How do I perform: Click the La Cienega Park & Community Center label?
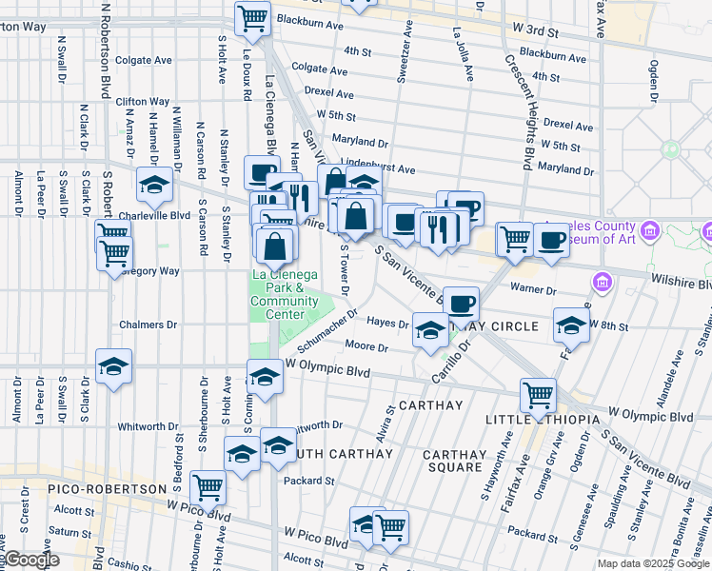277,295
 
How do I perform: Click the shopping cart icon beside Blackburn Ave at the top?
252,16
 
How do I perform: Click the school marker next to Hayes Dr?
430,328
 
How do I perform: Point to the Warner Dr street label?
533,288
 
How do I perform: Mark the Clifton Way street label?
143,101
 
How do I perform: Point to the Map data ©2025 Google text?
654,563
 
